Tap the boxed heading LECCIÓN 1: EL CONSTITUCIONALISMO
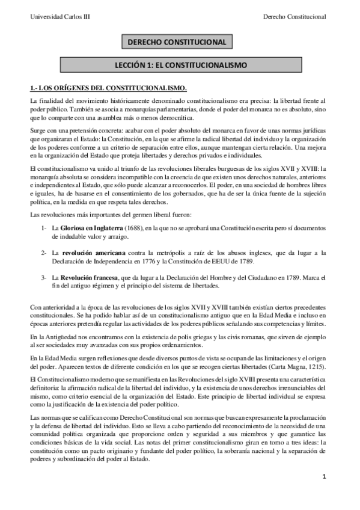(x=180, y=63)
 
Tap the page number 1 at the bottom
(x=323, y=494)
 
